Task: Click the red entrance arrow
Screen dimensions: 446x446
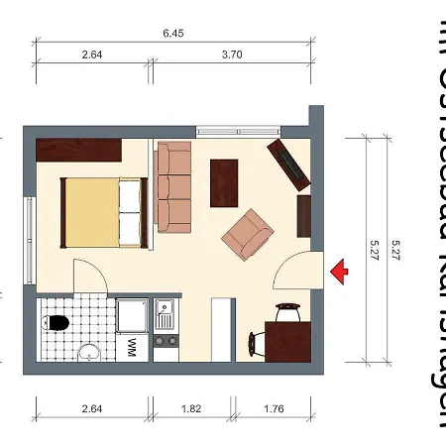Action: (x=340, y=269)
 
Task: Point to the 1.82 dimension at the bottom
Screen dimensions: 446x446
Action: (x=191, y=407)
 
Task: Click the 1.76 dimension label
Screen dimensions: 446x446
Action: (x=275, y=407)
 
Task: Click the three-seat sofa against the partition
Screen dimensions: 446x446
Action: (x=173, y=185)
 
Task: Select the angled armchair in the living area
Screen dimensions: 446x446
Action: (x=248, y=235)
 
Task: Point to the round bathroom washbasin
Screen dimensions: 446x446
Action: (x=89, y=351)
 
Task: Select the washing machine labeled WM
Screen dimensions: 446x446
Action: (x=132, y=347)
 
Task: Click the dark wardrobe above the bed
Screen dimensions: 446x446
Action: (x=78, y=150)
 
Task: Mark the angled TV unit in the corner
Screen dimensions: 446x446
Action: (x=289, y=164)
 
